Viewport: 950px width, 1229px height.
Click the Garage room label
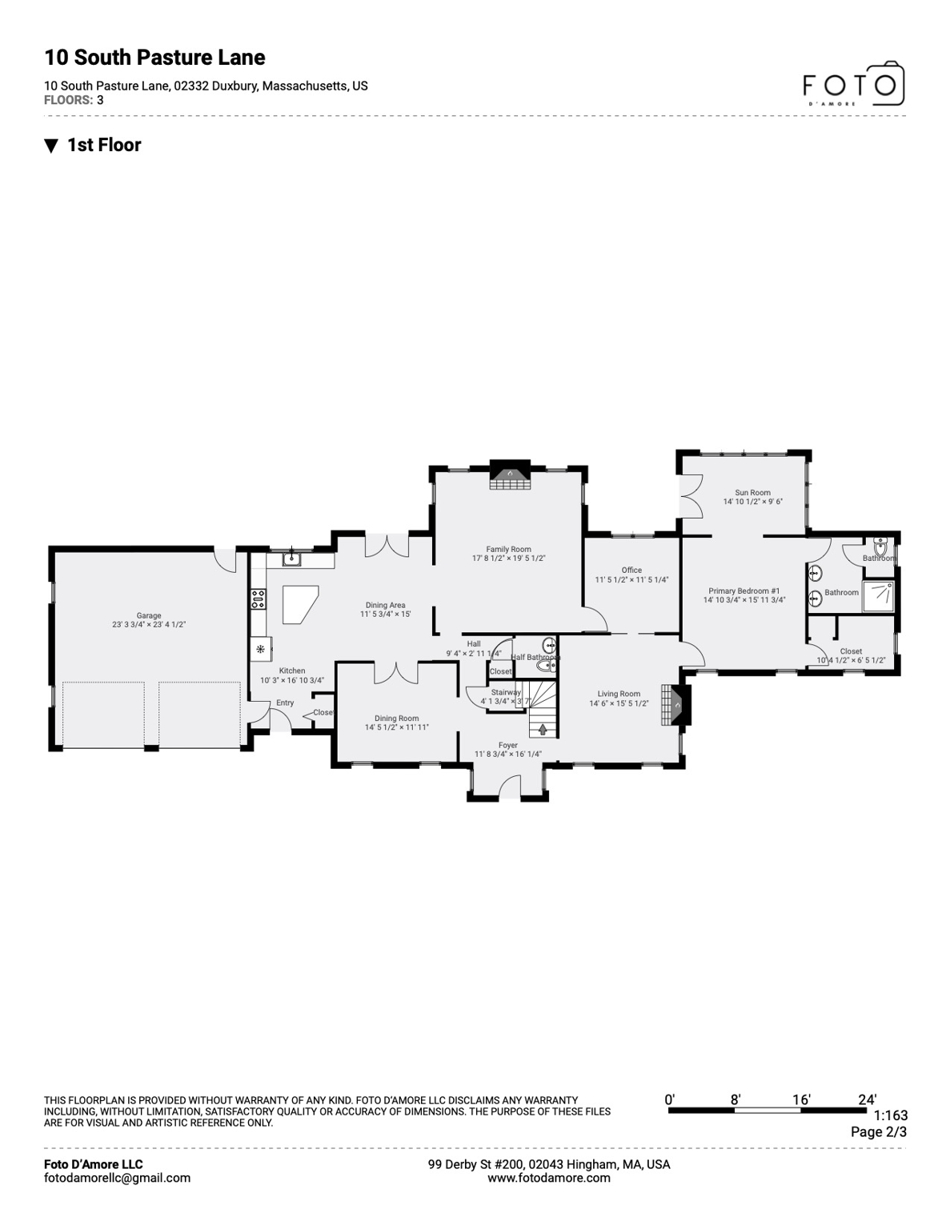point(149,616)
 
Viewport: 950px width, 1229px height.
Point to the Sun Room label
point(752,493)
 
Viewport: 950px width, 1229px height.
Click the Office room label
point(631,570)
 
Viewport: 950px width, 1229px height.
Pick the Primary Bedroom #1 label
point(744,591)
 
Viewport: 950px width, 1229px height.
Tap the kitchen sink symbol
point(293,558)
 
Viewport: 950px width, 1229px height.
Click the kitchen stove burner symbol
point(259,598)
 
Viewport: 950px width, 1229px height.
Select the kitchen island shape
point(299,603)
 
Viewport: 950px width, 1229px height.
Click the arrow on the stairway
point(543,729)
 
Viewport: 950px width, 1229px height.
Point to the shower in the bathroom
point(878,596)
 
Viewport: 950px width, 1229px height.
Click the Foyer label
point(507,745)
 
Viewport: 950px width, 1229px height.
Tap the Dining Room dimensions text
point(396,728)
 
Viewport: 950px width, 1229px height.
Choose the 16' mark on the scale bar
point(801,1100)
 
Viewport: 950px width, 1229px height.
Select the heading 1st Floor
point(104,145)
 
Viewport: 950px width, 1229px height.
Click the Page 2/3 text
point(878,1132)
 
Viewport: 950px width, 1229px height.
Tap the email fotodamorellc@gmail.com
point(117,1178)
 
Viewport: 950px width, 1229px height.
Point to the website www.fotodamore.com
point(548,1178)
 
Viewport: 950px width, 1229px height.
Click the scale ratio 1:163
point(890,1115)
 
